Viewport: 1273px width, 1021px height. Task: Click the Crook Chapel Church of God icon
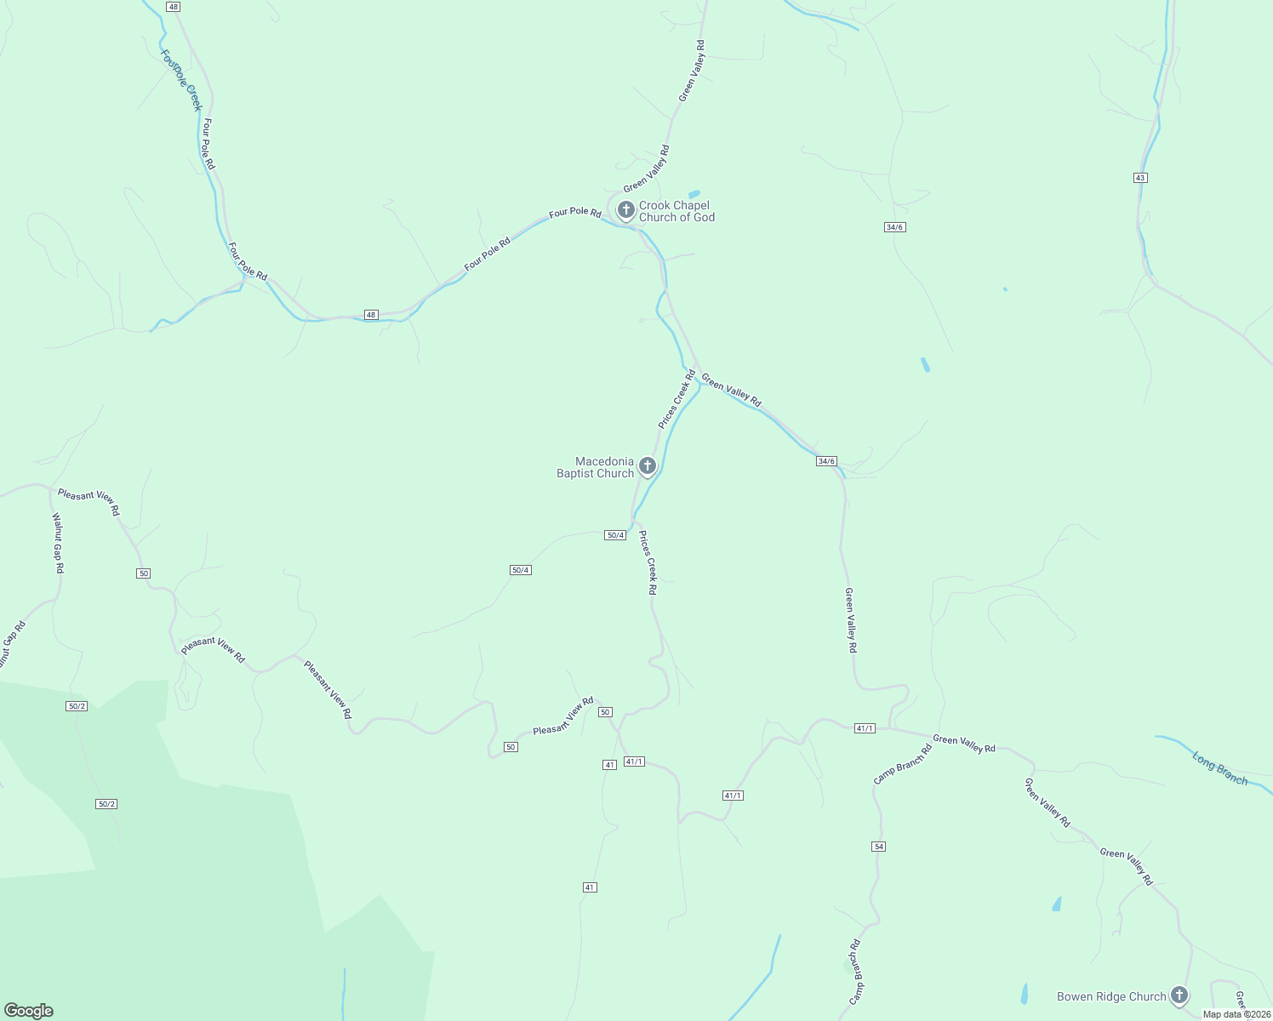[625, 210]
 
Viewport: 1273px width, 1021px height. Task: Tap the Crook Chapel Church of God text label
[676, 211]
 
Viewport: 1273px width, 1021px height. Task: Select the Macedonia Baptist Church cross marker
[647, 466]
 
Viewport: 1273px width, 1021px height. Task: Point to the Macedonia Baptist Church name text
[596, 467]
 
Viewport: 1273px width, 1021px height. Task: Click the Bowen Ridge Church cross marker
[1179, 995]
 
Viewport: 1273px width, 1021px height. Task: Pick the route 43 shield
[1140, 177]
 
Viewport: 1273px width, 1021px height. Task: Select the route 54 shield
[879, 847]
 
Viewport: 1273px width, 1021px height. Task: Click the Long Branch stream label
[1219, 768]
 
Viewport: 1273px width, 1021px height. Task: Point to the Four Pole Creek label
[181, 80]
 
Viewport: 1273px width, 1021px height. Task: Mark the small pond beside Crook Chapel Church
[694, 194]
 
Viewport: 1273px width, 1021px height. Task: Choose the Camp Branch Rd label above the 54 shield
[902, 764]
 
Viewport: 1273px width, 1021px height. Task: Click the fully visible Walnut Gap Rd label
[58, 543]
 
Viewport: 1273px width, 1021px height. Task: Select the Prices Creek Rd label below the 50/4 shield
[648, 562]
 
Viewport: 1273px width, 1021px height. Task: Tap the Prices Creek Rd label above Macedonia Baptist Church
[676, 398]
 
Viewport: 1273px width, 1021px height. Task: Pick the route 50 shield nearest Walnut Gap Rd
[143, 573]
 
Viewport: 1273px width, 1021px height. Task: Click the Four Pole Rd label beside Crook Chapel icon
[575, 212]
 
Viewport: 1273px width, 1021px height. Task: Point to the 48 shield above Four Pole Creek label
[174, 7]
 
